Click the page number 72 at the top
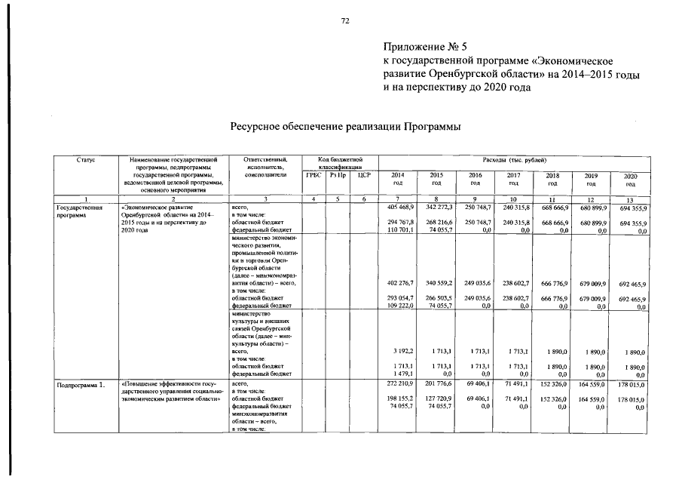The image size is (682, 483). (x=345, y=21)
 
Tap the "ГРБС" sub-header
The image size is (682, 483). (x=311, y=175)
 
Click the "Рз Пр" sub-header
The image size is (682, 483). (x=337, y=175)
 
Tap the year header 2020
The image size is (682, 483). (x=630, y=180)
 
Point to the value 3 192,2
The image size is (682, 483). (x=402, y=352)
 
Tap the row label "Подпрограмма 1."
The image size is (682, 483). (x=80, y=385)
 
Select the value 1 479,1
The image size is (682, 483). (x=402, y=373)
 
